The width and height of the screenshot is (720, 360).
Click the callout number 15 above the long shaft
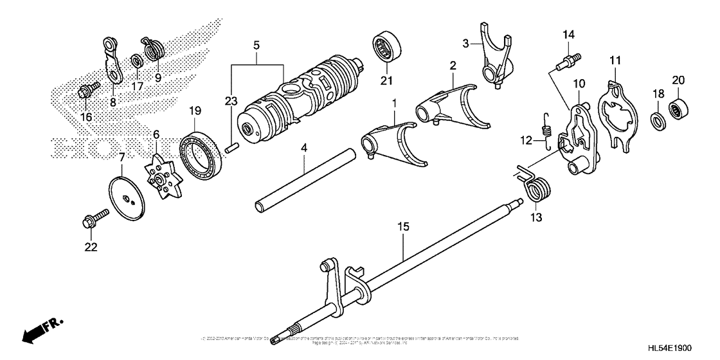point(403,228)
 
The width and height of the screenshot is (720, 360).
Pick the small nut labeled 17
point(136,62)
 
